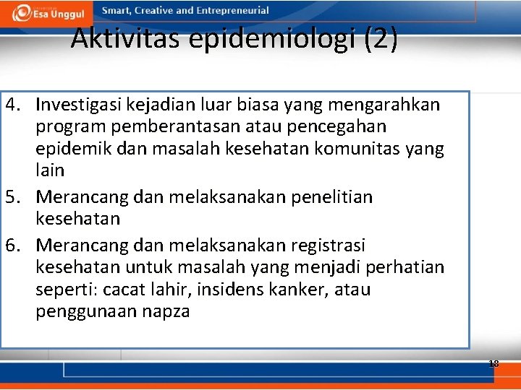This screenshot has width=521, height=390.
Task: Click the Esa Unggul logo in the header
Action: click(46, 12)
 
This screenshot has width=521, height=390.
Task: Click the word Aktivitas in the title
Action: click(127, 38)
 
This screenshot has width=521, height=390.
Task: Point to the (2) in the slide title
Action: click(381, 39)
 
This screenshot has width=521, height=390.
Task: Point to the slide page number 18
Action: click(494, 363)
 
